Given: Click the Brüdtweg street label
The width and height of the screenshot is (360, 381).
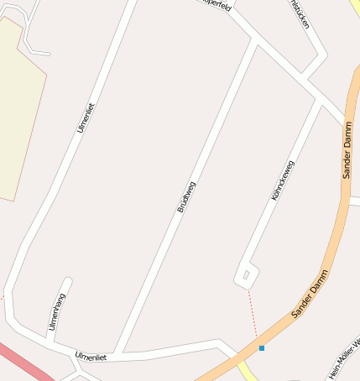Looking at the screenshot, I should [186, 196].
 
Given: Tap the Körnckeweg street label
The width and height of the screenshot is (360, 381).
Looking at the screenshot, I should [283, 180].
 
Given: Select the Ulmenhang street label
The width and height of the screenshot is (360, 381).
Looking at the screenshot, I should [57, 311].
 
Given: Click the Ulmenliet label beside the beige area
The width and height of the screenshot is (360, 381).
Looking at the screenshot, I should [86, 117].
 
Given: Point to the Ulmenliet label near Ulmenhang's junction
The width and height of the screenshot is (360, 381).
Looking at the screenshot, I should [91, 357].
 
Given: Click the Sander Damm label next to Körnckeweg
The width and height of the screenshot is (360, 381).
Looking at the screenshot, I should [347, 149].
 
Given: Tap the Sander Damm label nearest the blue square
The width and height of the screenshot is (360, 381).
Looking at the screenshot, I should [309, 295].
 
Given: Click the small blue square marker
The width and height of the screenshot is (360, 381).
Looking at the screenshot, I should [262, 347].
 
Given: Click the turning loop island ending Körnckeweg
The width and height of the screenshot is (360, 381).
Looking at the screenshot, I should [246, 274].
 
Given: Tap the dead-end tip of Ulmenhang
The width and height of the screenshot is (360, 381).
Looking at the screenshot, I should [67, 282].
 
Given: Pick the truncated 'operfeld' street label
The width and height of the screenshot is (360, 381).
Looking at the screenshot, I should [216, 4].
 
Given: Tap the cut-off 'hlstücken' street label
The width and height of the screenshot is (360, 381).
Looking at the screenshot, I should [300, 13].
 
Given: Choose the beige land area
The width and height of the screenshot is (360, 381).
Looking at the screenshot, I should [17, 109].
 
